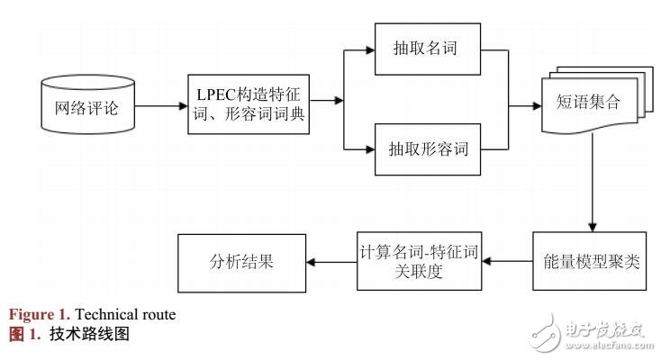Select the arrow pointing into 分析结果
[x=330, y=261]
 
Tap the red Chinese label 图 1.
[x=24, y=332]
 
